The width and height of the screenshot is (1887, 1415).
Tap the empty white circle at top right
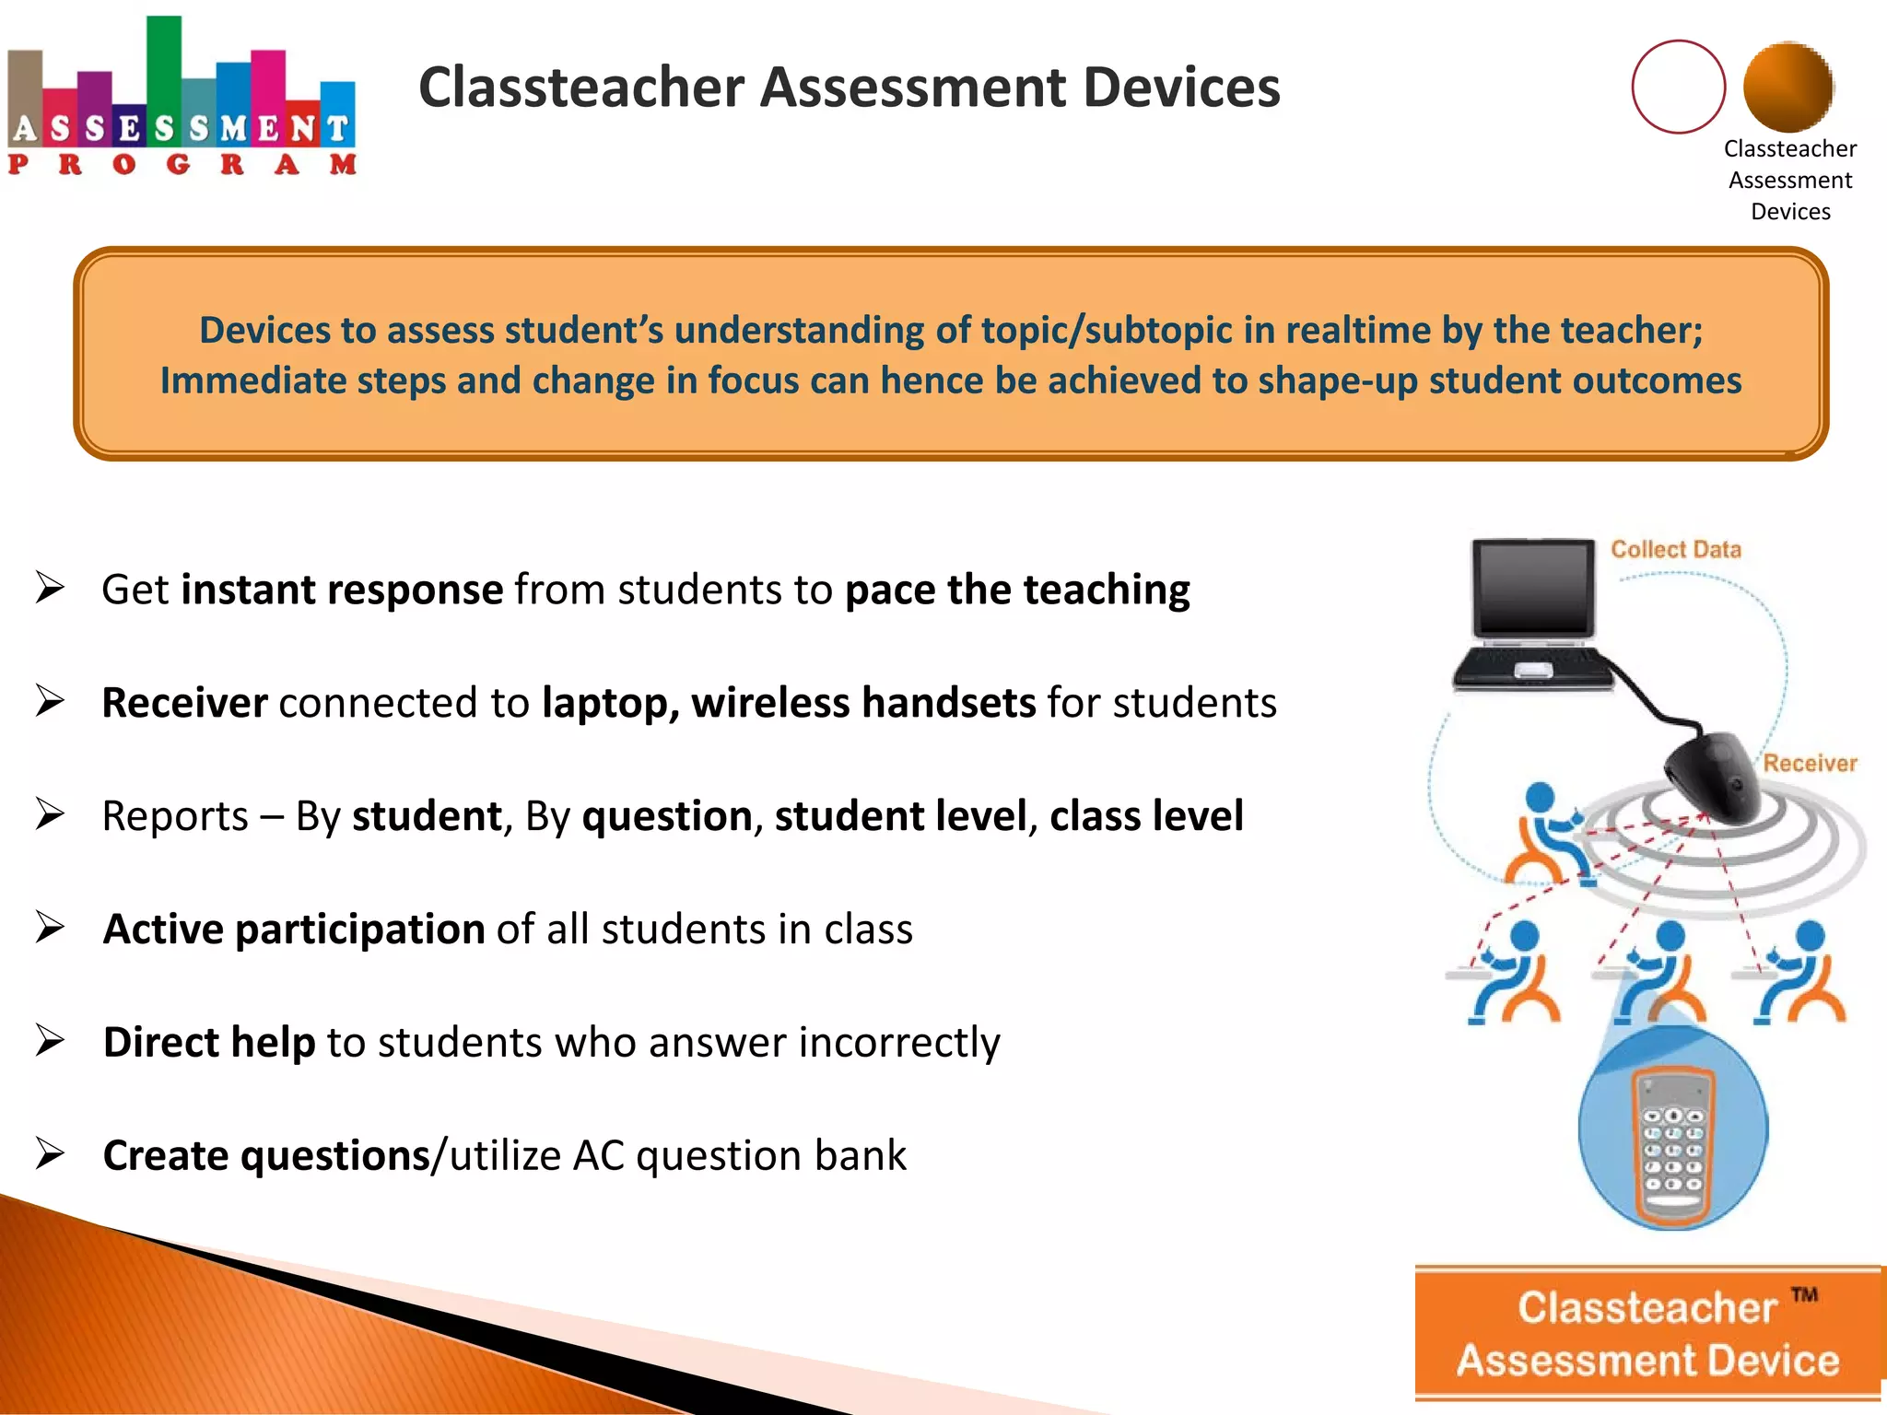[1678, 87]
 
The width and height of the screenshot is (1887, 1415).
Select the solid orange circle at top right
[1788, 87]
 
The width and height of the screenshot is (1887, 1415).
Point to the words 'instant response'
[342, 590]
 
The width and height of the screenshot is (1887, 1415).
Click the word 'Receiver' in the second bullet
[184, 703]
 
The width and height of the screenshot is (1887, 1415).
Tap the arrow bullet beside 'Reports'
[50, 814]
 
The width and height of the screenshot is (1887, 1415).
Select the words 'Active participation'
[294, 929]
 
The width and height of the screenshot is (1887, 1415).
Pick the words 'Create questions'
[266, 1155]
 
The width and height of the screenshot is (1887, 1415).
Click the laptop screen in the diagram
[1533, 587]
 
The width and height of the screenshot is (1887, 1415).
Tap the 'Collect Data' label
[1675, 550]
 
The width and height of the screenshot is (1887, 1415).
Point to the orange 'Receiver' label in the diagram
[1809, 763]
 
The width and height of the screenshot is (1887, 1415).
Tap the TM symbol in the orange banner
[1804, 1295]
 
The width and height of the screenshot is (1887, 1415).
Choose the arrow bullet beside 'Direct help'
[50, 1041]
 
